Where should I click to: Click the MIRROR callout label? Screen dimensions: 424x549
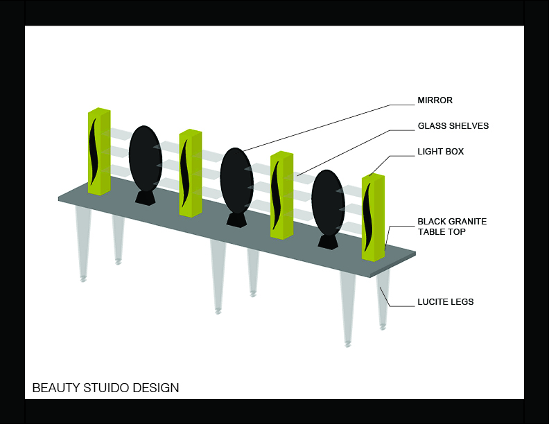pyautogui.click(x=435, y=100)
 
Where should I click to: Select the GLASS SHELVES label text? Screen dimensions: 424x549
pyautogui.click(x=453, y=126)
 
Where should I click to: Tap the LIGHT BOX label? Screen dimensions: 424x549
pyautogui.click(x=440, y=151)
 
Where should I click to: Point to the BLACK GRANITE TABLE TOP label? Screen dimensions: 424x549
pyautogui.click(x=451, y=227)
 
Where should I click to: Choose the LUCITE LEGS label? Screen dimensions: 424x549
pyautogui.click(x=445, y=302)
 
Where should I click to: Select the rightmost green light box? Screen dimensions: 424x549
pyautogui.click(x=373, y=217)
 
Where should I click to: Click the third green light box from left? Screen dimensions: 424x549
pyautogui.click(x=281, y=195)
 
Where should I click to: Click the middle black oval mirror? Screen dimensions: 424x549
pyautogui.click(x=236, y=180)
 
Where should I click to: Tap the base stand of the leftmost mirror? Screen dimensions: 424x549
pyautogui.click(x=145, y=198)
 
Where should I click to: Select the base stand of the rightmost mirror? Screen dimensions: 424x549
pyautogui.click(x=327, y=242)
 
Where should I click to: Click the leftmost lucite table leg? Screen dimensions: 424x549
pyautogui.click(x=83, y=242)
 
